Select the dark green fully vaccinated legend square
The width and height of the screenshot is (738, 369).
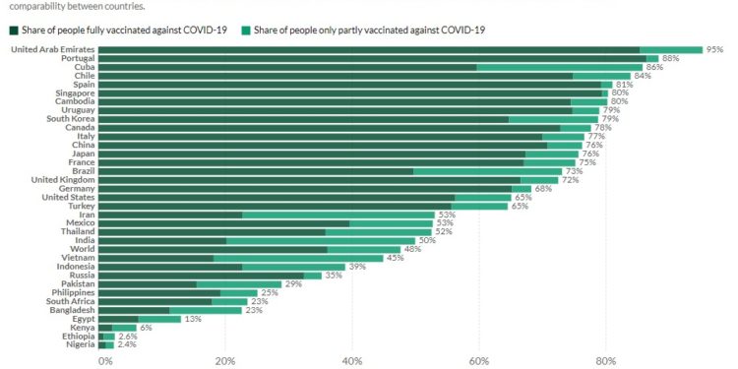[x=14, y=30]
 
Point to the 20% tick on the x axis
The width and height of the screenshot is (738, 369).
[x=224, y=360]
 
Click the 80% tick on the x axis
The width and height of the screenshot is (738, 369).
[x=605, y=360]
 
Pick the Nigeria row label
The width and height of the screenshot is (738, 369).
[x=78, y=345]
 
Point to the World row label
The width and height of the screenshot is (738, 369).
[x=81, y=249]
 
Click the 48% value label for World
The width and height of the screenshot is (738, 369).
[x=413, y=249]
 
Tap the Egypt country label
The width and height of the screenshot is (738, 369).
[x=82, y=319]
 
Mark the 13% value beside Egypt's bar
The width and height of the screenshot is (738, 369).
[x=193, y=319]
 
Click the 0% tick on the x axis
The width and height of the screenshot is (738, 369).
[x=104, y=360]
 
